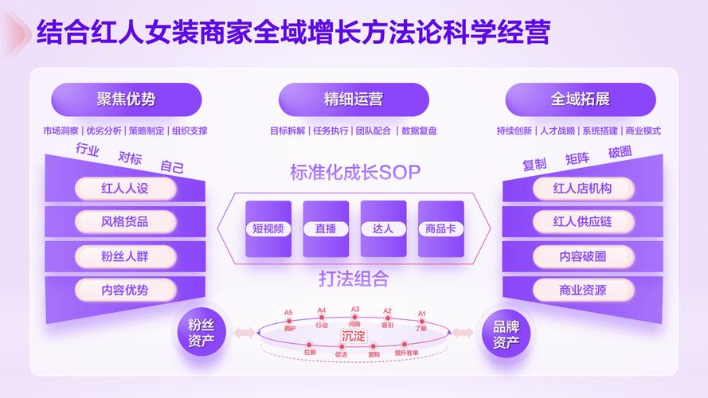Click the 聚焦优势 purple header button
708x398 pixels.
[x=126, y=99]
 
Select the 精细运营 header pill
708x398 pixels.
[x=354, y=99]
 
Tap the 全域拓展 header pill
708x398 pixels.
[x=581, y=99]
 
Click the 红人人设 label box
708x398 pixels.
[x=125, y=189]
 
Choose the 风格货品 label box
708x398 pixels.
[x=125, y=222]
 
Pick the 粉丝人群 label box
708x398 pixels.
[x=125, y=256]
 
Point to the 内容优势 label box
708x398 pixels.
[x=125, y=290]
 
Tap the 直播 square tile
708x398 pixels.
[x=326, y=229]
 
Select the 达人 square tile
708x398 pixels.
[x=383, y=229]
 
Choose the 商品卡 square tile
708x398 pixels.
[x=440, y=229]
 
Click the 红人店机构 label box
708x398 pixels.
[x=582, y=189]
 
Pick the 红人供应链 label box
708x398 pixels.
[x=582, y=222]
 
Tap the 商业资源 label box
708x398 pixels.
[x=582, y=290]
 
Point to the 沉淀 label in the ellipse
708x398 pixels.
[x=354, y=336]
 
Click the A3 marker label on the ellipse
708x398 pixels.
[x=355, y=310]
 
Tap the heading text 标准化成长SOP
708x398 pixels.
[x=354, y=172]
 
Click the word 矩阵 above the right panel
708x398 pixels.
[x=577, y=158]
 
